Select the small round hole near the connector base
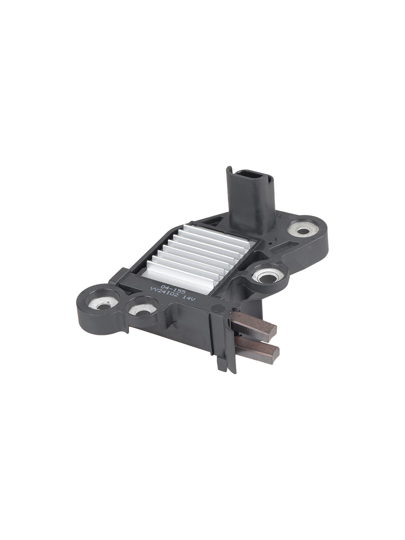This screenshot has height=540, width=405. click(x=276, y=239)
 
